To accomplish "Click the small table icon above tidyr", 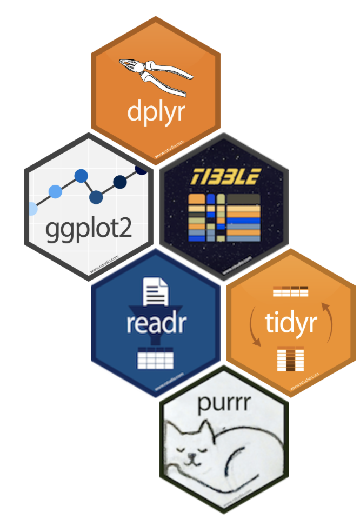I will (x=290, y=291).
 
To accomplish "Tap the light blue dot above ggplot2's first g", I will (x=55, y=191).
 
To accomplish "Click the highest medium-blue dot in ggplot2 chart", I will (x=81, y=176).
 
